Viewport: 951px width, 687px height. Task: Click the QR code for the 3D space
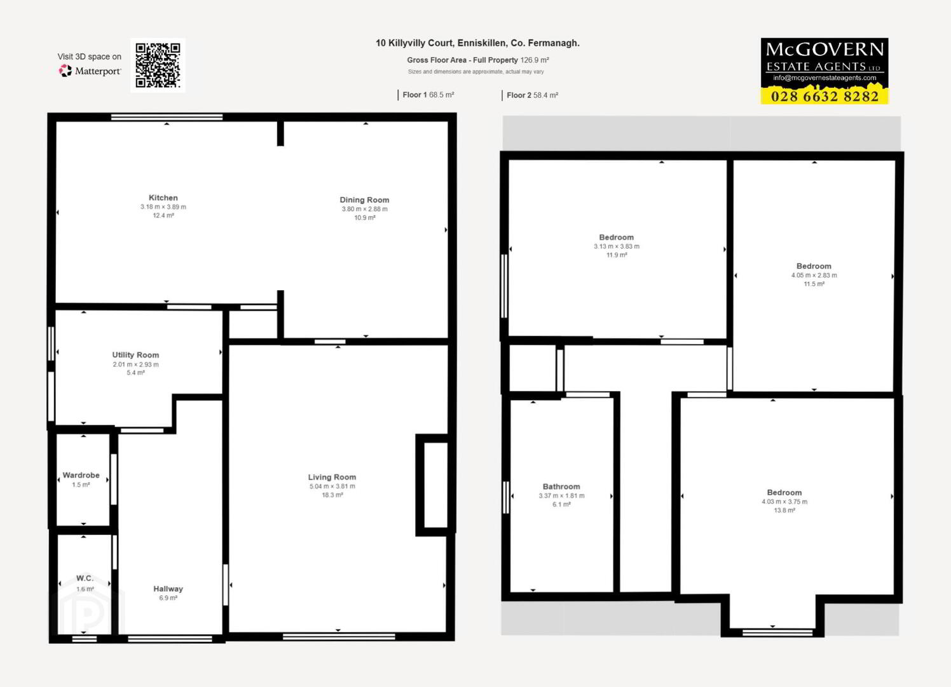(158, 66)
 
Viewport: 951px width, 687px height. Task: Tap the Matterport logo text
(98, 71)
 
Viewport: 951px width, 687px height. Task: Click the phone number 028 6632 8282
(824, 97)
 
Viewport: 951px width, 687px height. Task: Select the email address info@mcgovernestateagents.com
(824, 78)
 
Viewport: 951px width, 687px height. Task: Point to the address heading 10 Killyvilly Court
(477, 43)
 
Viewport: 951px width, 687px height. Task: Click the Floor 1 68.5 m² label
(428, 95)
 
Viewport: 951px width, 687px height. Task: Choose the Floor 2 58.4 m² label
(532, 95)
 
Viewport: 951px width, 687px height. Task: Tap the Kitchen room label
(163, 198)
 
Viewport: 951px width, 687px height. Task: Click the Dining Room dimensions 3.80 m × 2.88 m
(364, 209)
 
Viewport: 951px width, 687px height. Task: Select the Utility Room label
(135, 355)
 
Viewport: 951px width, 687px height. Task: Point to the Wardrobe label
(81, 475)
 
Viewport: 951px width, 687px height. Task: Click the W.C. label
(85, 578)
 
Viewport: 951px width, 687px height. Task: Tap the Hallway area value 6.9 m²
(168, 598)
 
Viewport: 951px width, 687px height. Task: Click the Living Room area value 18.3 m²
(332, 495)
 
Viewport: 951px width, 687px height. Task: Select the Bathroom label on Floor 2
(561, 487)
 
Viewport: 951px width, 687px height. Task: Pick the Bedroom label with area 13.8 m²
(784, 492)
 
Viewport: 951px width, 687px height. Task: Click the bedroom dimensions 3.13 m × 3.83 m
(617, 246)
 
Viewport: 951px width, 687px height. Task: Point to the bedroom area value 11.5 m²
(814, 284)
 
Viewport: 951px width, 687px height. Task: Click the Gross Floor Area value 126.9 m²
(535, 60)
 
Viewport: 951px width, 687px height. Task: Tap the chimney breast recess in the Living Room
(436, 485)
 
